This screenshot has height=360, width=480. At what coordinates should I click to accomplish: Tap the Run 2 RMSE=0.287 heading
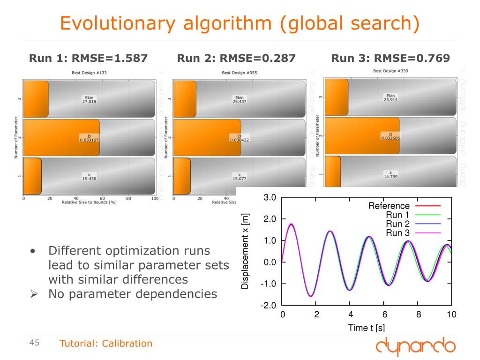pos(236,58)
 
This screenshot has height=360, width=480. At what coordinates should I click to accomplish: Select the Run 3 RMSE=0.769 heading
pos(390,58)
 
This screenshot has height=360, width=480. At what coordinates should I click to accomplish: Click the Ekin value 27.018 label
pos(89,99)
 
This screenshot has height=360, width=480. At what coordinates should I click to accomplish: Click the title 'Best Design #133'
pos(89,73)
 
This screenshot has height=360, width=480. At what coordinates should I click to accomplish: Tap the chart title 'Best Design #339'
pos(390,71)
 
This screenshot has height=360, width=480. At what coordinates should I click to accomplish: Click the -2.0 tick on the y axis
pos(269,306)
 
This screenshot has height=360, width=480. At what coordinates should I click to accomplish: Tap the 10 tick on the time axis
pos(451,315)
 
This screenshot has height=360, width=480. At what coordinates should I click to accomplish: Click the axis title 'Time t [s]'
pos(367,328)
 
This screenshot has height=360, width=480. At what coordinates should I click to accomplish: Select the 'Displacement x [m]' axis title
pos(245,251)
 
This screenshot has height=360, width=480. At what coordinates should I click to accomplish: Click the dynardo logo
pos(415,346)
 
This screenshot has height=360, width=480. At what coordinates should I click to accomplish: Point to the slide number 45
pos(34,343)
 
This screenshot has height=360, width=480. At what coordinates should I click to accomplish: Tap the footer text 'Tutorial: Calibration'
pos(106,344)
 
